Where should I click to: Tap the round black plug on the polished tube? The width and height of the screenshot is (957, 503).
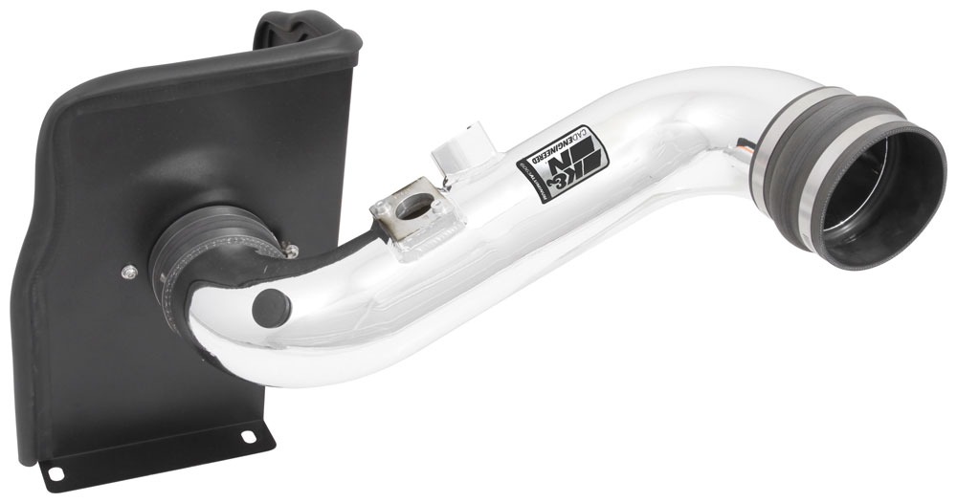272,308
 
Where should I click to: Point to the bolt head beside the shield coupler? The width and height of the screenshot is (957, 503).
291,251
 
